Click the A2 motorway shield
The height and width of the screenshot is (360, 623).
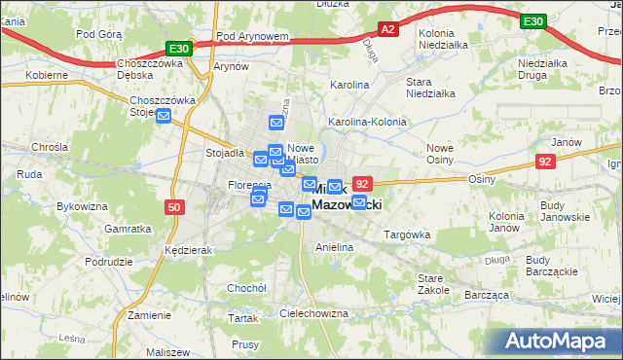(387, 29)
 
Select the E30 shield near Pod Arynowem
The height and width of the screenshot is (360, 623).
(177, 47)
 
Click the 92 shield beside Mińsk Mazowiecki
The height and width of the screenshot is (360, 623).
(362, 183)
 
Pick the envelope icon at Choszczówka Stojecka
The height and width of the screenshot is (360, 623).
(163, 117)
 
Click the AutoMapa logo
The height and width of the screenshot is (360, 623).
(554, 341)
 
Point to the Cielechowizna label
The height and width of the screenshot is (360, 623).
(313, 313)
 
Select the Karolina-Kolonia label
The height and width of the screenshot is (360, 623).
(367, 122)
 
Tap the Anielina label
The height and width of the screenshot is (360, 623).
(333, 248)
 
